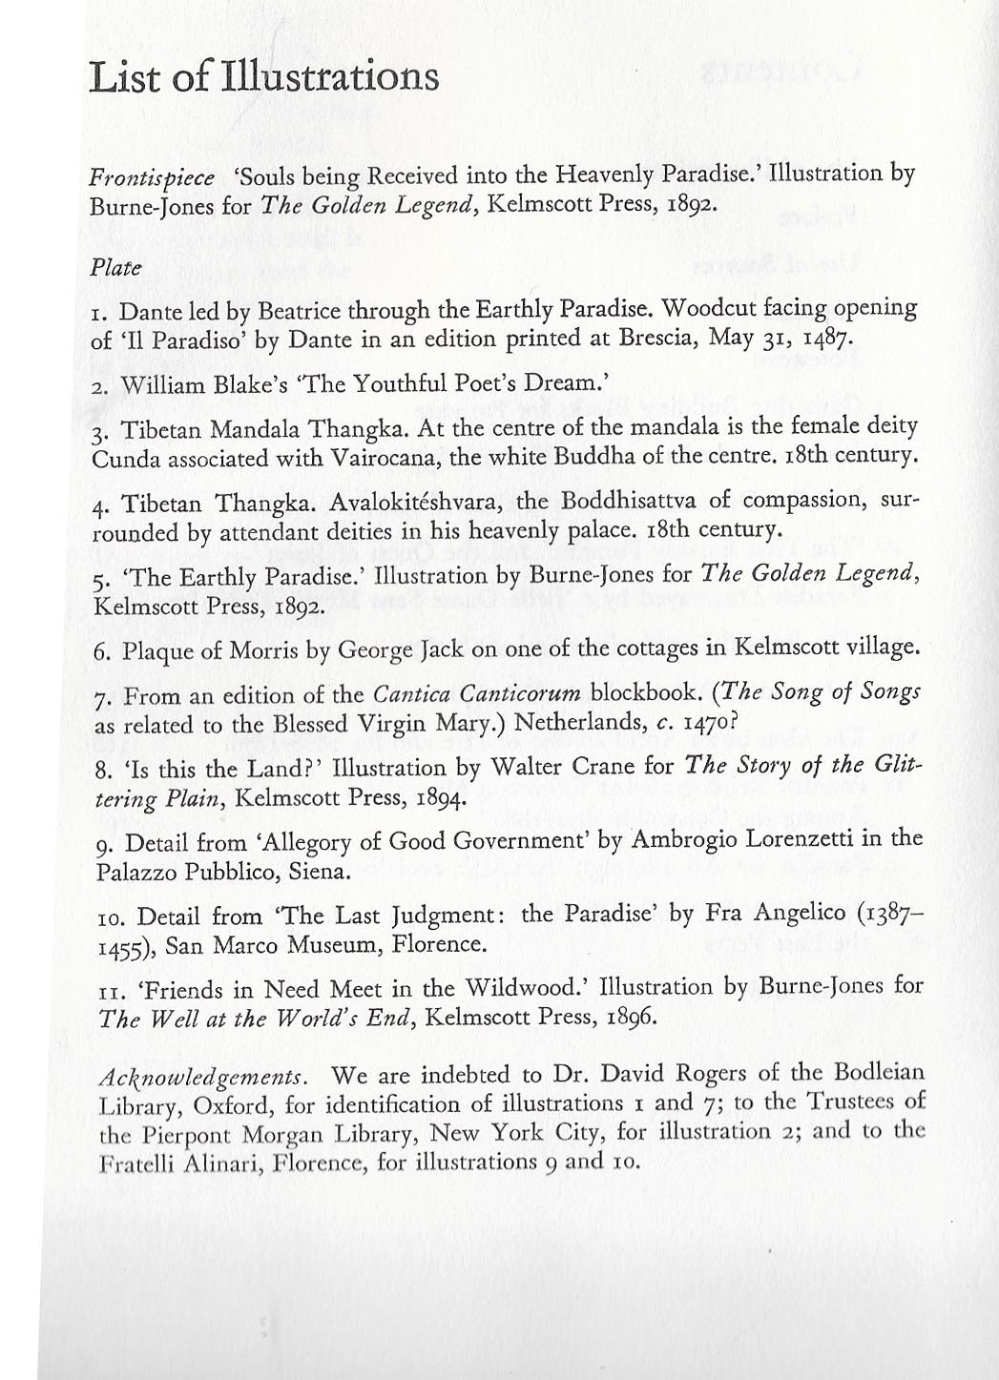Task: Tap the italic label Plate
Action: (x=115, y=267)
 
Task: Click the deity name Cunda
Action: (x=124, y=458)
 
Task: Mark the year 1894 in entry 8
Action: (x=437, y=797)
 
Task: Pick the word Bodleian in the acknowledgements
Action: (x=878, y=1073)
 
